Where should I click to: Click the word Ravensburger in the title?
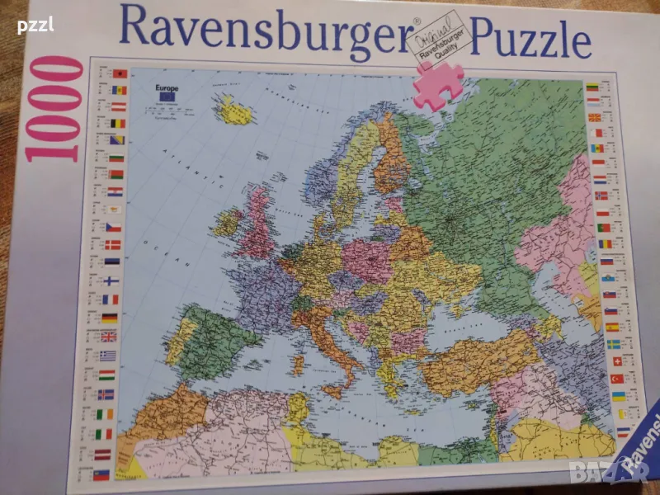[264, 31]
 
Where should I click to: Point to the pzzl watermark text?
[36, 25]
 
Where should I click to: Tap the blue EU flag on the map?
[168, 97]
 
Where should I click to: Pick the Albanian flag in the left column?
[120, 73]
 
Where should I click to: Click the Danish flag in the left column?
[113, 244]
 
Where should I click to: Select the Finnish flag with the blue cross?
[111, 280]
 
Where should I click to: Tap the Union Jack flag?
[108, 336]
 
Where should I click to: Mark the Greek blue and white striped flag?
[107, 355]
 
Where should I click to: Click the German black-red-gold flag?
[109, 318]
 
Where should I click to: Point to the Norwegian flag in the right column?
[601, 195]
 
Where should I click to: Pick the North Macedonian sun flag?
[595, 117]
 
